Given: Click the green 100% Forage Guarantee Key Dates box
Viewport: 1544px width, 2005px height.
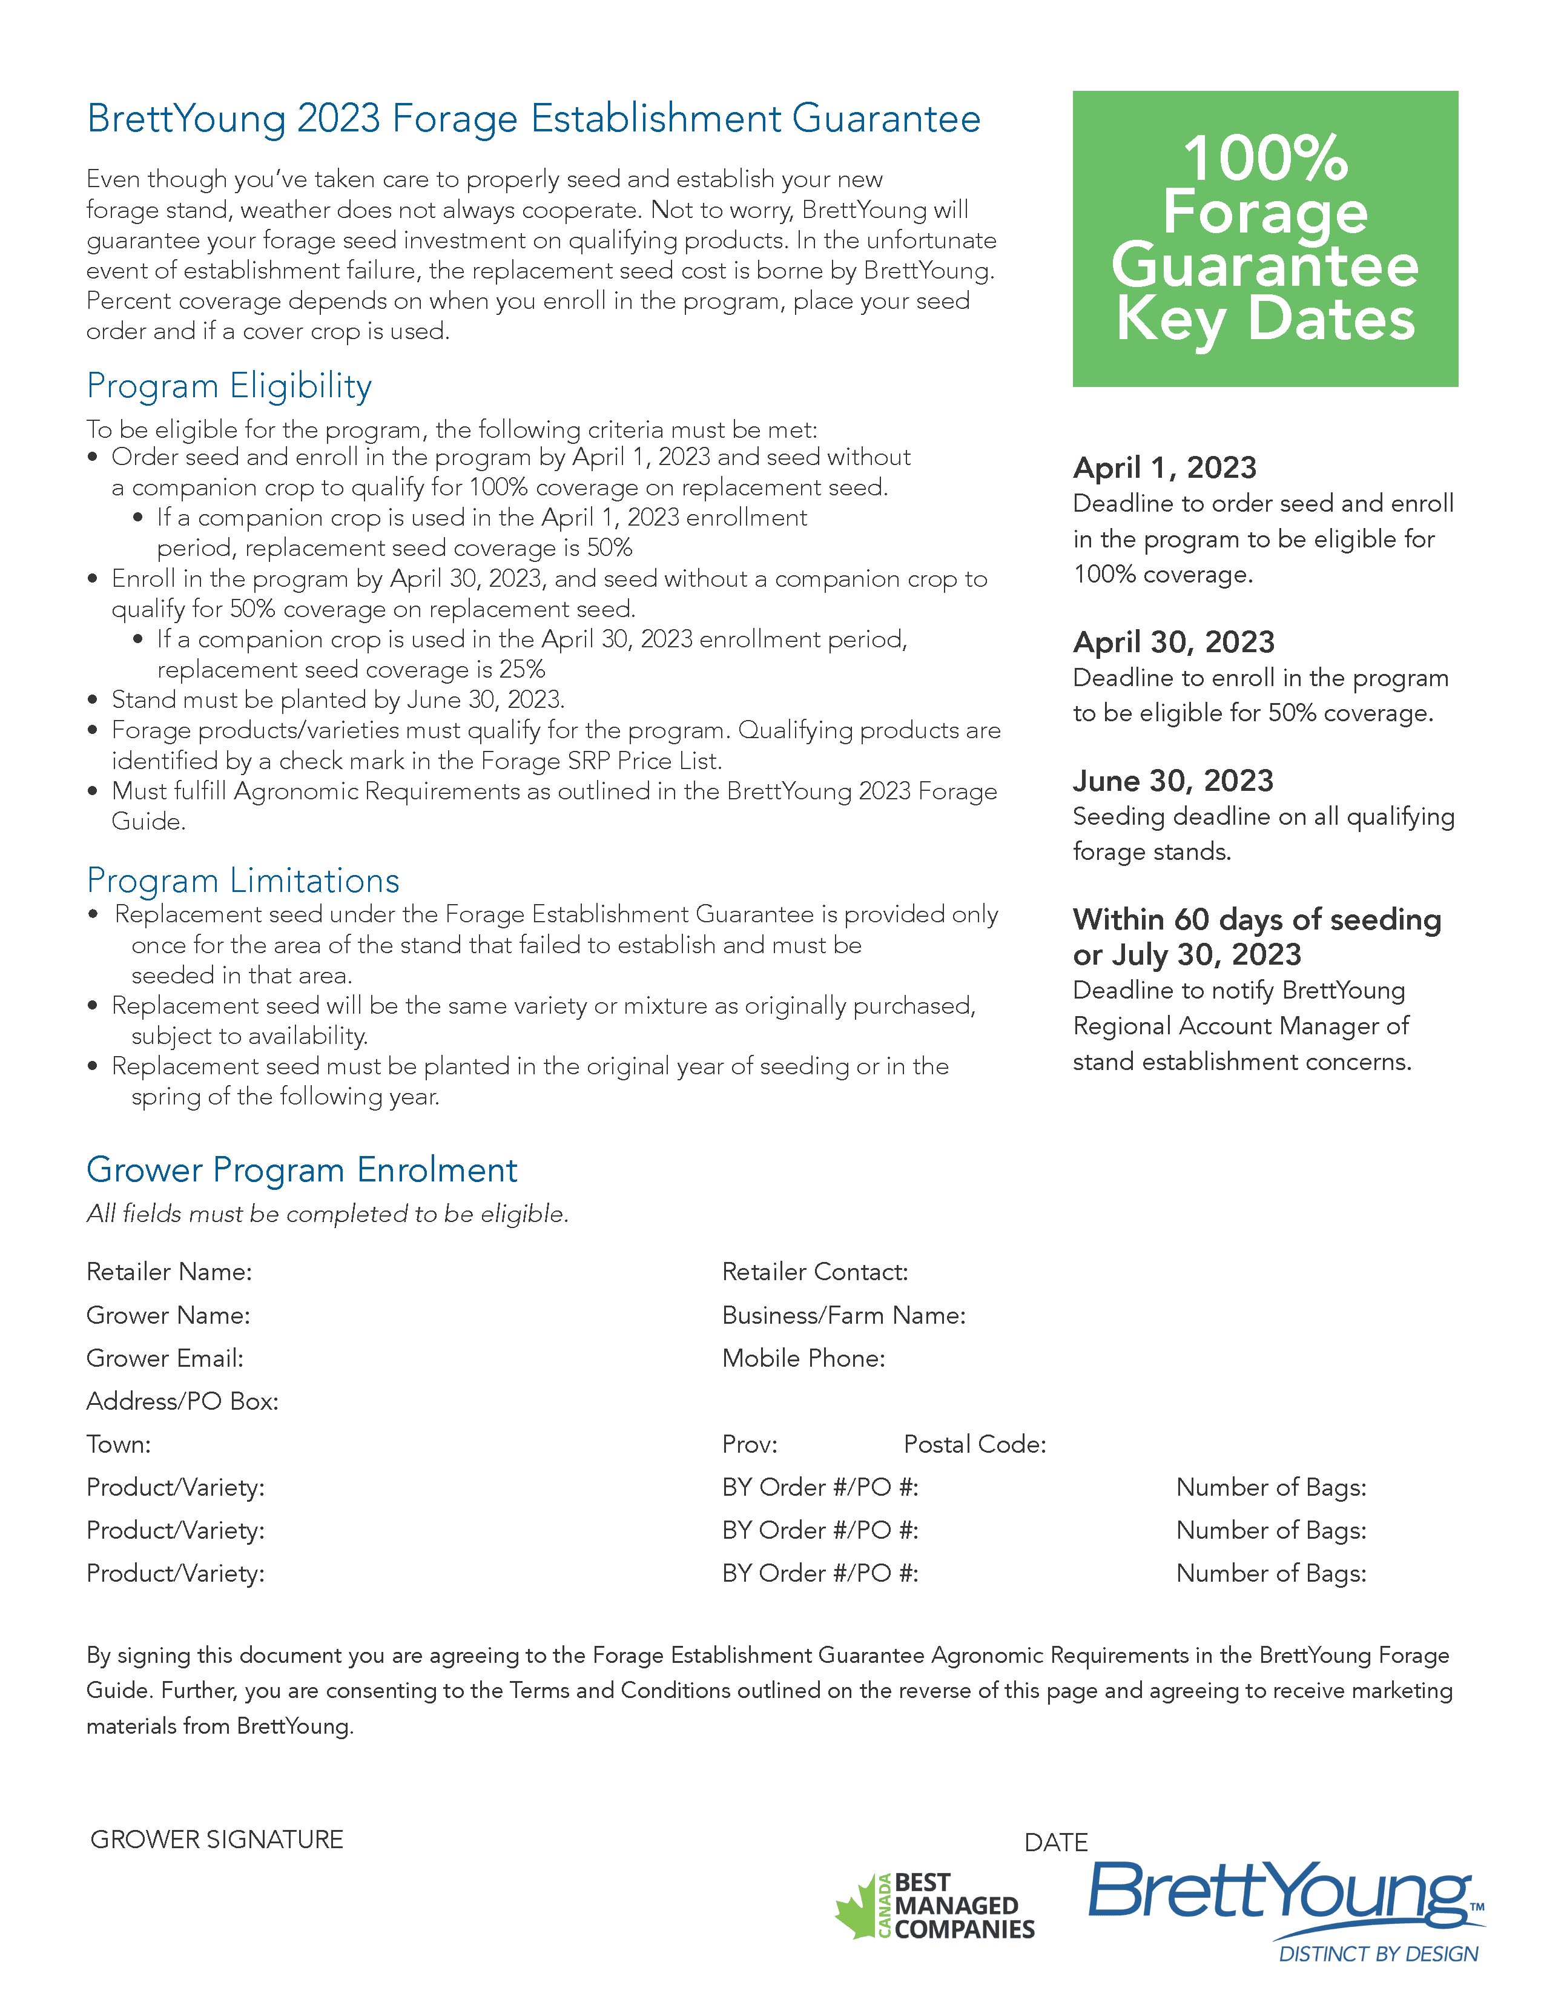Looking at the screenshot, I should pos(1264,238).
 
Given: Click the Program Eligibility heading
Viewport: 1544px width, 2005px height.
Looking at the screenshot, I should pos(228,386).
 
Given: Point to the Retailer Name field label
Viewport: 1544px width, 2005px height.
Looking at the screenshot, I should pos(169,1272).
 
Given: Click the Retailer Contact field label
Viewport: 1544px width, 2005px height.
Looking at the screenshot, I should pos(814,1272).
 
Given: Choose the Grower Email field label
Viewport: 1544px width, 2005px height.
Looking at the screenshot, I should pos(165,1358).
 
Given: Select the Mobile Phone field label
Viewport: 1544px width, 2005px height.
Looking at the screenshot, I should pos(803,1358).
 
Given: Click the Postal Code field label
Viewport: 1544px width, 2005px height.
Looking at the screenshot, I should pos(974,1444).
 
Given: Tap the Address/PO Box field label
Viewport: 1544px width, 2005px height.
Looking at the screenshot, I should pos(182,1401).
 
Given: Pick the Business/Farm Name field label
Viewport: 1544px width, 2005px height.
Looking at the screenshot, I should pos(843,1315).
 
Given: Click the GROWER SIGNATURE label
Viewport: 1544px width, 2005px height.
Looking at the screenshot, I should pos(217,1839).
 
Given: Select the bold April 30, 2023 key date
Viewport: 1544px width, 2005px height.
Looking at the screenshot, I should pos(1173,642).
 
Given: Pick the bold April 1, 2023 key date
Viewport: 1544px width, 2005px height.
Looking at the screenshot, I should pos(1164,467).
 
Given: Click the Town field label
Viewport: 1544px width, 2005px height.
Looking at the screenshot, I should pos(119,1444).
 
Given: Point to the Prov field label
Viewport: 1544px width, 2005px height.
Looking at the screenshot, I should pos(749,1444).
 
